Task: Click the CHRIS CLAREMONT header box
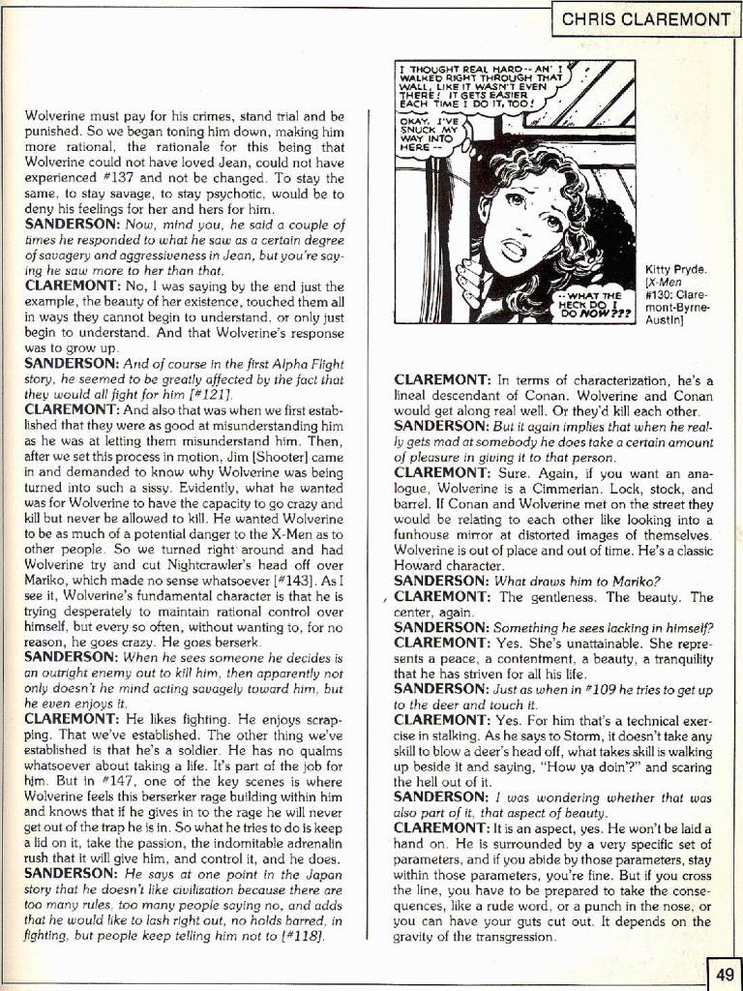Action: [x=646, y=17]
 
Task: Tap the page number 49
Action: [x=726, y=972]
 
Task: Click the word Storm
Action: [x=564, y=736]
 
